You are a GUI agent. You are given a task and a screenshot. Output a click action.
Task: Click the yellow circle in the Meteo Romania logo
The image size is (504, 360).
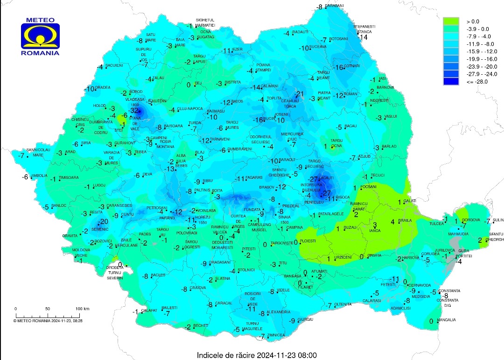tap(40, 36)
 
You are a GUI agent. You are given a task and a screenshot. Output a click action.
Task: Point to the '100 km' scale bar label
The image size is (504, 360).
tap(82, 309)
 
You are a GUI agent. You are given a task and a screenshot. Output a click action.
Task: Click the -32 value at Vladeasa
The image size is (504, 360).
tap(134, 111)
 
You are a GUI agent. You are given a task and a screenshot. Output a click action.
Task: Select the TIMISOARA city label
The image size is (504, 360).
tap(68, 177)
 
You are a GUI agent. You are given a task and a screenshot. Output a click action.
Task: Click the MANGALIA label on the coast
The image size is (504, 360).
tap(447, 320)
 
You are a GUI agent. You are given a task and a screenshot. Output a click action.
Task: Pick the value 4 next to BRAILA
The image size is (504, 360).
tap(392, 221)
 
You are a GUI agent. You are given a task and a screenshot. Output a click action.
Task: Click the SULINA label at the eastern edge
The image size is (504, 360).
tap(497, 219)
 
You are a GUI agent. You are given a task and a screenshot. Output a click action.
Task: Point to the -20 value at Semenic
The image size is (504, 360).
tap(103, 221)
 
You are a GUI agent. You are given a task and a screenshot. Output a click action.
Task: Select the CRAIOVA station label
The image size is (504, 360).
tap(198, 288)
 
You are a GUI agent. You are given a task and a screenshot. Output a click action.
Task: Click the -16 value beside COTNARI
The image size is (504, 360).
tap(339, 67)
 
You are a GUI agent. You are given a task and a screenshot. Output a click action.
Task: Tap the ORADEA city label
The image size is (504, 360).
tap(103, 87)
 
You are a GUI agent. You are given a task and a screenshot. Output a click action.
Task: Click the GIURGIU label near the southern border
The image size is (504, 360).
tap(304, 319)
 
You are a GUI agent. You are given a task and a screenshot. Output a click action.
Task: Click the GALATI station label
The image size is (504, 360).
tap(410, 201)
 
